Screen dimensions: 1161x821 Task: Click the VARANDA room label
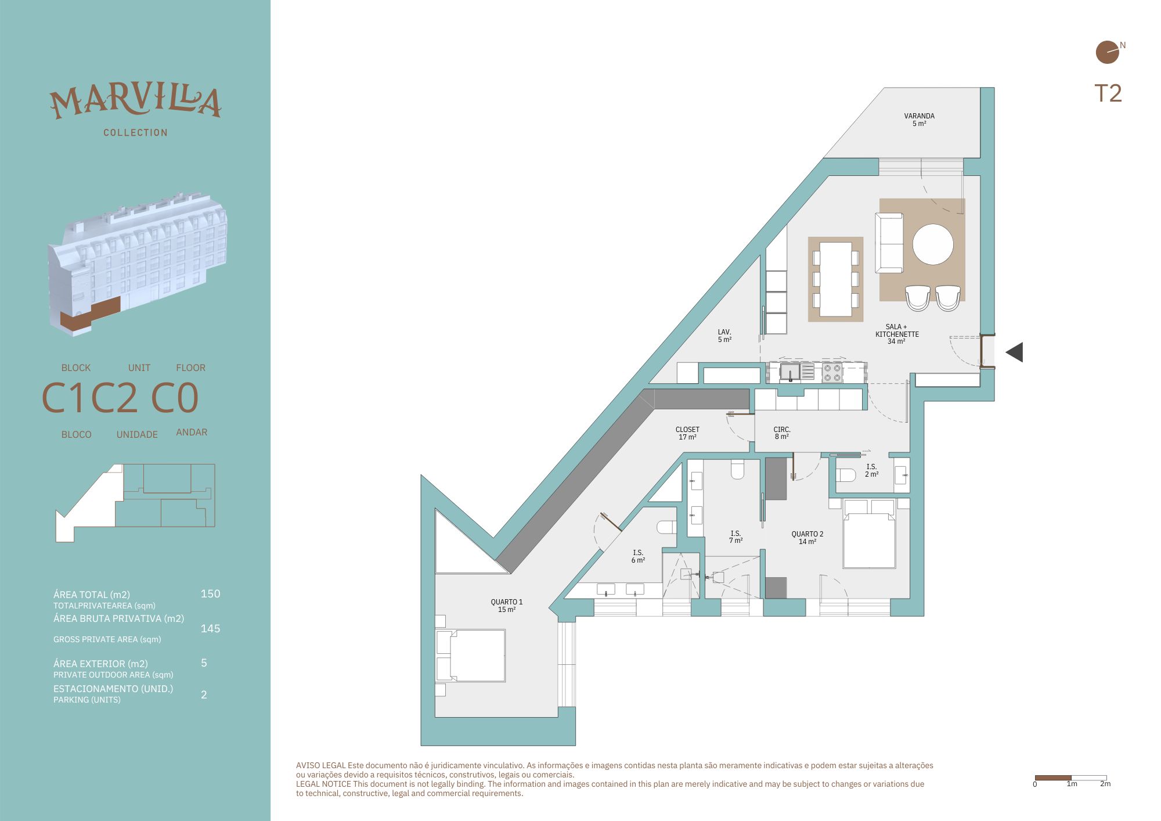point(919,116)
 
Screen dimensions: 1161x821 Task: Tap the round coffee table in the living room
point(933,244)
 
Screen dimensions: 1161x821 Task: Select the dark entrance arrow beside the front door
point(1014,352)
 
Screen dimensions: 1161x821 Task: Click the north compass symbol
point(1108,52)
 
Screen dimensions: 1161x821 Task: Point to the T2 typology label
point(1108,93)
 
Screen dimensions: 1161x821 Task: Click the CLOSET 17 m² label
point(687,433)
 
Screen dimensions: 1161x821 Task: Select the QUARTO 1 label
point(507,602)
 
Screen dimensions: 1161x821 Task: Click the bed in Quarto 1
point(470,656)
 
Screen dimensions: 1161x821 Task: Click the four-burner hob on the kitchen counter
point(832,372)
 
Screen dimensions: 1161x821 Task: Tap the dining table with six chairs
point(836,279)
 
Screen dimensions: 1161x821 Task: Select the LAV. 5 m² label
point(724,336)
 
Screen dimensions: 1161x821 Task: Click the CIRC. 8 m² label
point(782,433)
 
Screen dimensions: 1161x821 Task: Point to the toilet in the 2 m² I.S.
point(846,476)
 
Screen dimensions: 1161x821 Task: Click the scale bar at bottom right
point(1071,777)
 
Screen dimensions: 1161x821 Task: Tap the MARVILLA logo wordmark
point(135,102)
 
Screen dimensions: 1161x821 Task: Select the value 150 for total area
point(210,593)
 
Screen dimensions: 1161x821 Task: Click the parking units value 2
point(204,694)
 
